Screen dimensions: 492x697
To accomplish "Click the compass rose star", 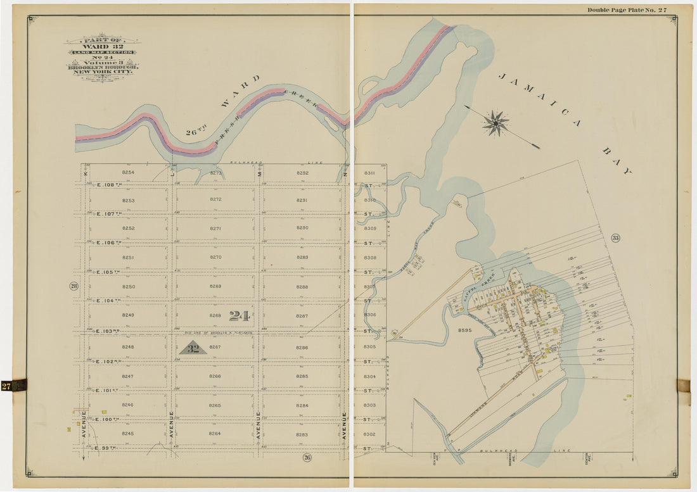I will click(496, 123).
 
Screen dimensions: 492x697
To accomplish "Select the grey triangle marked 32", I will click(194, 348).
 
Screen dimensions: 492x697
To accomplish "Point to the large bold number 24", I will click(239, 315).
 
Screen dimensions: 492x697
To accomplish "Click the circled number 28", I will click(74, 286).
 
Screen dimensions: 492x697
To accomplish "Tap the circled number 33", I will click(615, 238).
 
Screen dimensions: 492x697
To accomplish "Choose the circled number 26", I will click(307, 457).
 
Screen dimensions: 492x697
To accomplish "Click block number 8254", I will click(128, 172).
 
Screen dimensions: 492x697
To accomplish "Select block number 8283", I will click(302, 434).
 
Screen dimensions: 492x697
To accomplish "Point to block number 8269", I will click(215, 286).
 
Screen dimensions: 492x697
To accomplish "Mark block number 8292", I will click(302, 172).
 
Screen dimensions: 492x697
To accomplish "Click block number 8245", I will click(128, 434).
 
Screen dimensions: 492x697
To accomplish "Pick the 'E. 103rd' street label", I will click(109, 331).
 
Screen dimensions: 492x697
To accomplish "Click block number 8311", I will click(370, 172).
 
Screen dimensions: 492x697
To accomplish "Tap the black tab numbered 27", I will click(13, 385).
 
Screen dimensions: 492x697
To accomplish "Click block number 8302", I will click(370, 434).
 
